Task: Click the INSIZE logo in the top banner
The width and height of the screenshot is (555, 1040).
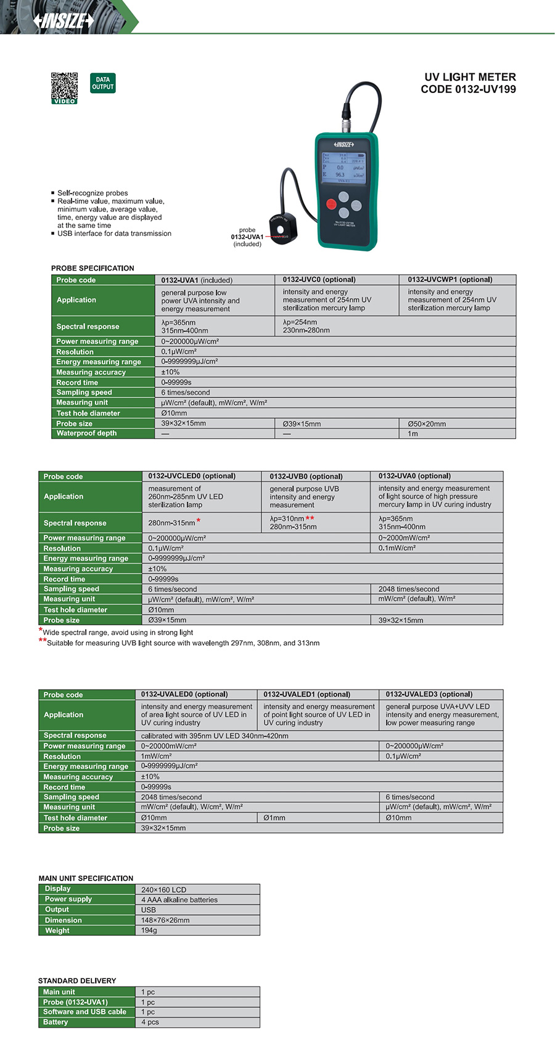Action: (x=64, y=21)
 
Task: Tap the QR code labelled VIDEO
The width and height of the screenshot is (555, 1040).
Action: (x=64, y=86)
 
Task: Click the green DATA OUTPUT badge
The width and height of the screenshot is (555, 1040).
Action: (x=102, y=83)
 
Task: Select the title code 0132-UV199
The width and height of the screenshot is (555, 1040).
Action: (x=468, y=89)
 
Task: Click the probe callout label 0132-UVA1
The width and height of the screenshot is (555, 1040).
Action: (x=247, y=237)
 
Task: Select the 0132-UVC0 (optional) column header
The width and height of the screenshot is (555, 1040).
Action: (x=319, y=280)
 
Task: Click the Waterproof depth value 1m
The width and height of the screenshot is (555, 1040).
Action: (x=413, y=434)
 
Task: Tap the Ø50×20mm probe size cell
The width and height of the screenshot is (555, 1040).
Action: (x=427, y=424)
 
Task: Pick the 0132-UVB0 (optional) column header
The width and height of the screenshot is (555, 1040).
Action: (x=306, y=476)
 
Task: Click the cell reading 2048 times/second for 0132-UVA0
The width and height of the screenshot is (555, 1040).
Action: (x=409, y=589)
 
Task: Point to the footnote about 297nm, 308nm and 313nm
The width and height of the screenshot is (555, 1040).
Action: (x=183, y=643)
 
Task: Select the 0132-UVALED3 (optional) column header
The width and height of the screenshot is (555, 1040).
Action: (x=429, y=694)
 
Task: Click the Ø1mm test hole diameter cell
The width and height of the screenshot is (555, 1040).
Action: (x=274, y=818)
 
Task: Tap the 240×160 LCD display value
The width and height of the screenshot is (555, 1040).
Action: (x=163, y=890)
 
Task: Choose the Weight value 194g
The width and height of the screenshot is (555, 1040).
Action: (x=149, y=930)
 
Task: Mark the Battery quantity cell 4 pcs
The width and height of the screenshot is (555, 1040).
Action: (x=150, y=1022)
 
